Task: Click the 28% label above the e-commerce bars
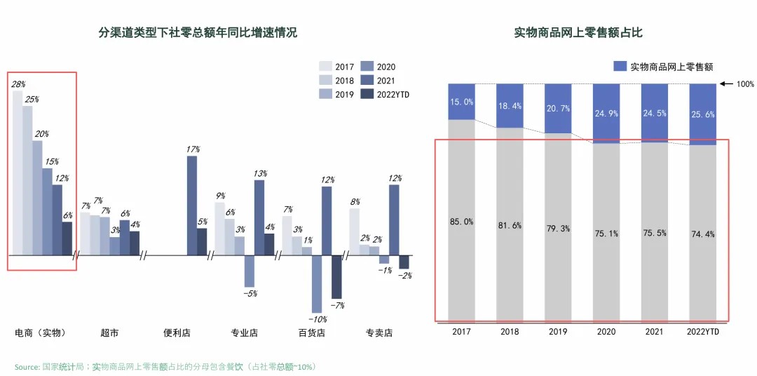tap(18, 84)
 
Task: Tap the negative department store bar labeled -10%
tap(317, 283)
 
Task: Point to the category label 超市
tap(109, 333)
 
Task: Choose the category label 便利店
tap(177, 333)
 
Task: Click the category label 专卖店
tap(378, 333)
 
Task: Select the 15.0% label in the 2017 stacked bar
tap(462, 102)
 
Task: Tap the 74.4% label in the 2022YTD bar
tap(702, 234)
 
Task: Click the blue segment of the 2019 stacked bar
tap(558, 108)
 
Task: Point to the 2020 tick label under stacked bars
tap(606, 331)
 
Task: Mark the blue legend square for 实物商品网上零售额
tap(620, 66)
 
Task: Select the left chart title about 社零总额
tap(198, 32)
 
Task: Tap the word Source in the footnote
tap(27, 366)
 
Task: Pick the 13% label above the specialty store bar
tap(259, 173)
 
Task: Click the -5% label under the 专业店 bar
tap(250, 293)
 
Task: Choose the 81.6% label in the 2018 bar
tap(510, 225)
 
